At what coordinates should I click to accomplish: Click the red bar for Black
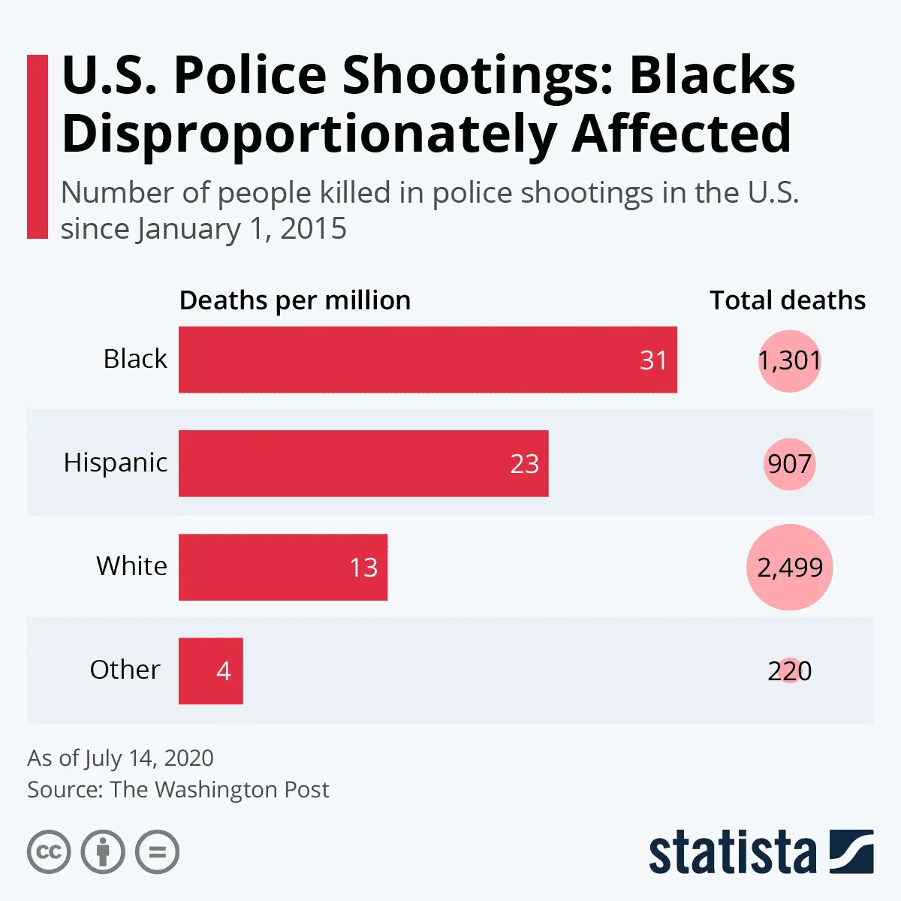(x=427, y=360)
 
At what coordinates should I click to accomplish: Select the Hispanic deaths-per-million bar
(x=363, y=463)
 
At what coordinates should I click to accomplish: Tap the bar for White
(x=282, y=567)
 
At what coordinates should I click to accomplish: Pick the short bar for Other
(x=210, y=670)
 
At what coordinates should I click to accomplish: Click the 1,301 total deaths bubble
(x=789, y=360)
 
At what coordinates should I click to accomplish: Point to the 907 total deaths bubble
(x=789, y=464)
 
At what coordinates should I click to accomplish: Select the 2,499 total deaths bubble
(x=789, y=567)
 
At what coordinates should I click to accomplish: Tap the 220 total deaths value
(x=789, y=670)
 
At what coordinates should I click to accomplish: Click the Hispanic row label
(x=116, y=463)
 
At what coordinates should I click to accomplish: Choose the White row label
(x=131, y=565)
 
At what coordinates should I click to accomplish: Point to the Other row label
(x=125, y=669)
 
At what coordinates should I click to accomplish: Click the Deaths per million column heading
(x=295, y=300)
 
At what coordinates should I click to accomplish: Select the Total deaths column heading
(x=788, y=300)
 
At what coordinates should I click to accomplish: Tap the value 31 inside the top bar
(x=653, y=360)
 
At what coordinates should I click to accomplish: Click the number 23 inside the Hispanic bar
(x=524, y=464)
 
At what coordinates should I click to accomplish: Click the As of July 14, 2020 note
(x=120, y=758)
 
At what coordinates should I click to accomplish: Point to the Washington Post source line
(x=178, y=790)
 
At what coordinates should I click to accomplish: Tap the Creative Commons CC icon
(x=49, y=852)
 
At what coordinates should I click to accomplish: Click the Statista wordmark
(x=732, y=854)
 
